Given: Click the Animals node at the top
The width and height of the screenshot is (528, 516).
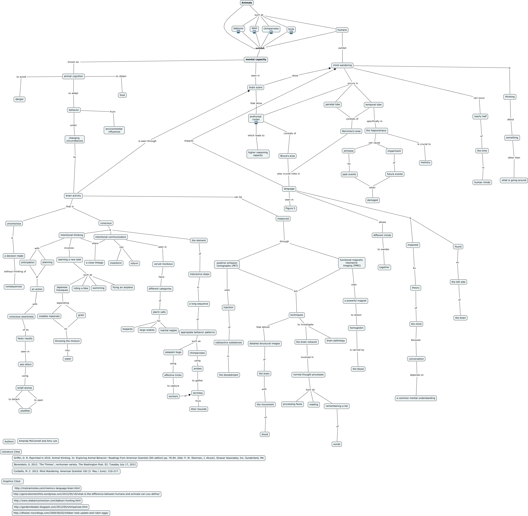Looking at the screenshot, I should click(x=247, y=3).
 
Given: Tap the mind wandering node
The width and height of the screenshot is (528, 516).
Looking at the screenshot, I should click(x=342, y=65).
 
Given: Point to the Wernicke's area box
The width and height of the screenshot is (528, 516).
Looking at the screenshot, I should click(x=351, y=131).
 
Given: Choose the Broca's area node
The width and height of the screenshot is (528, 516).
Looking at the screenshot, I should click(x=287, y=156).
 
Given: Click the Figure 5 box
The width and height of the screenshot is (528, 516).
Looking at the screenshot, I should click(x=290, y=208).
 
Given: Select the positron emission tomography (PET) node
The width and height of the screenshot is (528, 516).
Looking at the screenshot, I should click(x=227, y=264).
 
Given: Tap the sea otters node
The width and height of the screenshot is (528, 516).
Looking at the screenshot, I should click(x=25, y=364).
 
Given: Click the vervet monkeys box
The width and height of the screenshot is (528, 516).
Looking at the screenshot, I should click(x=163, y=264).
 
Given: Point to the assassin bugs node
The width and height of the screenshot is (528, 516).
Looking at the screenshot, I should click(x=173, y=352).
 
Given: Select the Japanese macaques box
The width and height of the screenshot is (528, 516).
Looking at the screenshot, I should click(x=62, y=289).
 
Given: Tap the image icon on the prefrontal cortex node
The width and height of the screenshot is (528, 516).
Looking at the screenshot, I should click(x=256, y=123).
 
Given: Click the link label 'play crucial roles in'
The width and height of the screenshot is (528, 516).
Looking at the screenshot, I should click(x=288, y=174).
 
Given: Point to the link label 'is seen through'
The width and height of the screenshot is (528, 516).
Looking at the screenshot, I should click(x=147, y=141).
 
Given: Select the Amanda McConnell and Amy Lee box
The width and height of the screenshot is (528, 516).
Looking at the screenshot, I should click(x=38, y=441).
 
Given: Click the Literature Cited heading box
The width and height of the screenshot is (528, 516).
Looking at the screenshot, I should click(x=11, y=452).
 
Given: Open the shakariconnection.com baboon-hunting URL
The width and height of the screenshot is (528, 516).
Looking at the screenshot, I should click(x=47, y=501).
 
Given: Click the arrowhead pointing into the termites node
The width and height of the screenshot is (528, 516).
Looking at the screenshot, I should click(x=190, y=395).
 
